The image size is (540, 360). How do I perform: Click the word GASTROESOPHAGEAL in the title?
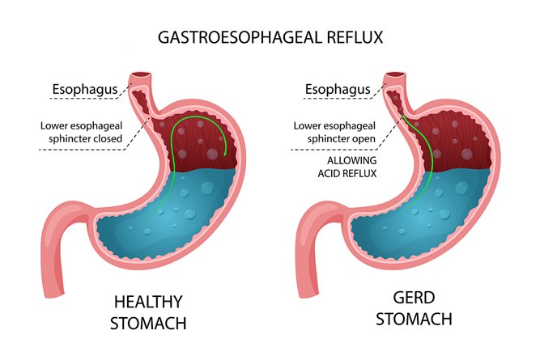point(240,37)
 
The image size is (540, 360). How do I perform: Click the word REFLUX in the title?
point(355,37)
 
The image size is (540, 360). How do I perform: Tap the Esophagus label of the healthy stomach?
point(85,90)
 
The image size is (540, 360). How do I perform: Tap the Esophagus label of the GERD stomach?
point(338,90)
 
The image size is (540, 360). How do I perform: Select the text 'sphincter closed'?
point(85,138)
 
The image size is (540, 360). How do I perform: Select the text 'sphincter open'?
point(342,138)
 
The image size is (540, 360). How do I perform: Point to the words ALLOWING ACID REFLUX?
point(347,167)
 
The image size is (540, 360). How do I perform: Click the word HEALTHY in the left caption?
point(148,303)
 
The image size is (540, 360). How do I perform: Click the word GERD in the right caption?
point(414,298)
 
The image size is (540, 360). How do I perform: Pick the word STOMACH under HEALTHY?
point(148,323)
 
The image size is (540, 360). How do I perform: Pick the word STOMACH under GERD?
point(414,319)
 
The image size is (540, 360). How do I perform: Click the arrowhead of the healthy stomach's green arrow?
point(225,152)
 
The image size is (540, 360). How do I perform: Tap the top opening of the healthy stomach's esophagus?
point(141,74)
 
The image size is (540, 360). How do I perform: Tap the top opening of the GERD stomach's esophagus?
point(394,74)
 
